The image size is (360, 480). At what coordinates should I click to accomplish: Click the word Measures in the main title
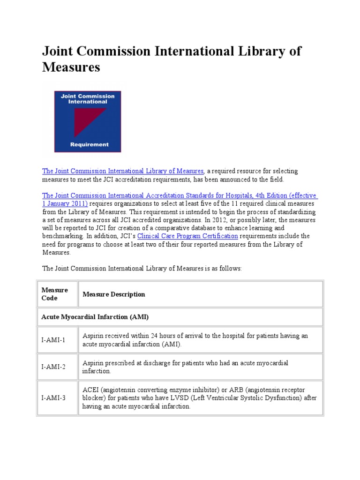71,67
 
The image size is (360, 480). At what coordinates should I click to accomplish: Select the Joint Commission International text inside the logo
88,99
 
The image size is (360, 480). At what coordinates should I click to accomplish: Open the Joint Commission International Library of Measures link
123,171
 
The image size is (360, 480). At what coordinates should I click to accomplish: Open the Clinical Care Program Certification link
187,236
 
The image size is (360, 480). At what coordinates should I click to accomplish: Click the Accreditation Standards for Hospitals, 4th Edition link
180,195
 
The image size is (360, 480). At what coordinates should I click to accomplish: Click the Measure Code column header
55,294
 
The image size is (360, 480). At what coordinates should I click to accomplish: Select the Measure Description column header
114,294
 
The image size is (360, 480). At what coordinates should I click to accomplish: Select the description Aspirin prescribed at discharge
185,367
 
